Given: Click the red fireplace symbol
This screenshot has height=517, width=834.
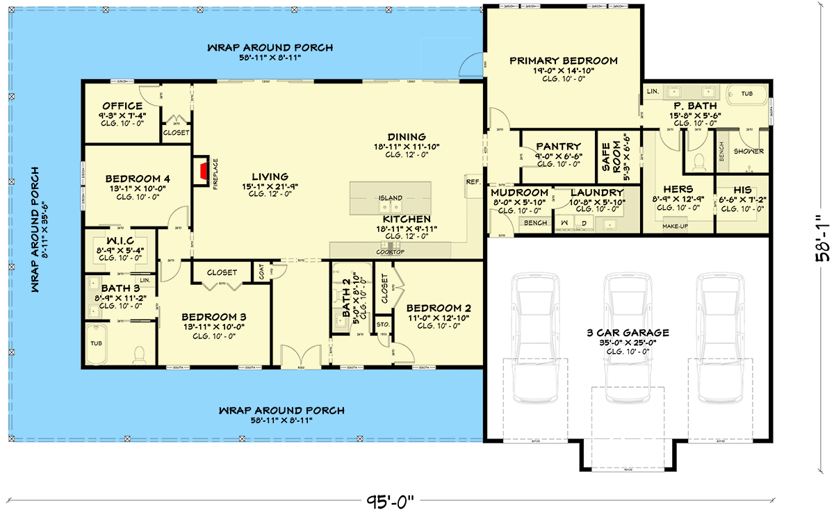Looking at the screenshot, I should tap(203, 172).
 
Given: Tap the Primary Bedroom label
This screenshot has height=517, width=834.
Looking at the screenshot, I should tap(564, 60).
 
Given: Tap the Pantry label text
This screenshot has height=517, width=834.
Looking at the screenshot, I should tap(558, 147).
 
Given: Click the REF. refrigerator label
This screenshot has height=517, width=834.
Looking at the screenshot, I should tap(474, 182).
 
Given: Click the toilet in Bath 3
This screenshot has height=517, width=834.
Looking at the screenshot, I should tap(138, 354).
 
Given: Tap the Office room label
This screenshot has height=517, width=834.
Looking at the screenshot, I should tap(122, 106).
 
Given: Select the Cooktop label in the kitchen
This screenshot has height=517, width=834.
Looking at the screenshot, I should tap(390, 252).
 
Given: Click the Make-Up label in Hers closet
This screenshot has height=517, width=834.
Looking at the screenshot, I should tap(675, 227).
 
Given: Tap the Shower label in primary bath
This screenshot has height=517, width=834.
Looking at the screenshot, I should tap(748, 151).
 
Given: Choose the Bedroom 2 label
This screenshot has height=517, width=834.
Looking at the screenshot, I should tap(439, 308).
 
